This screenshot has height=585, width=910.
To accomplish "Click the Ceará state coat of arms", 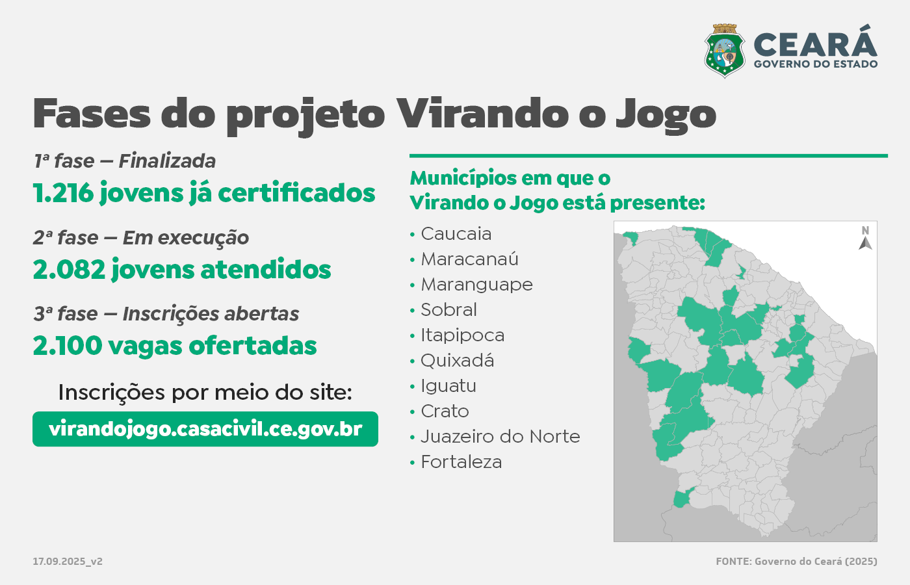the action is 724,51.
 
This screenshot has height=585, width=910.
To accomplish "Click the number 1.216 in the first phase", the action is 63,192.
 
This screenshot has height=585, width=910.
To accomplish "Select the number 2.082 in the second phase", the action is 69,269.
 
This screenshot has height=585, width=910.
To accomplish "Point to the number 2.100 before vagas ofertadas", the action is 68,346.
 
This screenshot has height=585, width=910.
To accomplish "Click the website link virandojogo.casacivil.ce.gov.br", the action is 205,429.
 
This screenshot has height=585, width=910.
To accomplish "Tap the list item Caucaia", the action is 456,234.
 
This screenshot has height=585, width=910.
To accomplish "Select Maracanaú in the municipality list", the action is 469,259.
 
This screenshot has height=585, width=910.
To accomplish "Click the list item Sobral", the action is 448,310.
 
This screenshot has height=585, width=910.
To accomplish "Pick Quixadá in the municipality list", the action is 458,360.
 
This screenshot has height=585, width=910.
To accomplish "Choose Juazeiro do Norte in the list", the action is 500,436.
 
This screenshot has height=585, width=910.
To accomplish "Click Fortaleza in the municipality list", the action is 461,462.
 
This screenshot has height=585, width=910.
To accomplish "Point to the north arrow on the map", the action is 865,243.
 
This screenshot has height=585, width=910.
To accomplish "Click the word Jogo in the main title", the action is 666,116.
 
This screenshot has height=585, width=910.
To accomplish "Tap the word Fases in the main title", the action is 92,113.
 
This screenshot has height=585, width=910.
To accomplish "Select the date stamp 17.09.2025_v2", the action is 68,562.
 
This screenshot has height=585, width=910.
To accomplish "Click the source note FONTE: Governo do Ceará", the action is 796,562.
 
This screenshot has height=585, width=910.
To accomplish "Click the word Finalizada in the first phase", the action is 167,161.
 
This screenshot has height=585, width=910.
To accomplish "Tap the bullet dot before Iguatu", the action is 412,386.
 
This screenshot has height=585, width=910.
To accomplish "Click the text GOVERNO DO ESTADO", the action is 816,64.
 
